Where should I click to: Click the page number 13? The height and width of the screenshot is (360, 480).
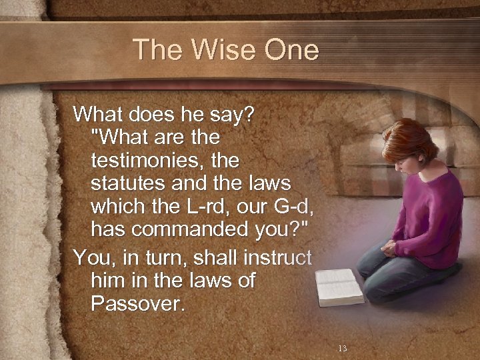pyautogui.click(x=342, y=348)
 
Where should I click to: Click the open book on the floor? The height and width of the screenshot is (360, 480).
pyautogui.click(x=339, y=285)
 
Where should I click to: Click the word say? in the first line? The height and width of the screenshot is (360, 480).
pyautogui.click(x=231, y=115)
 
